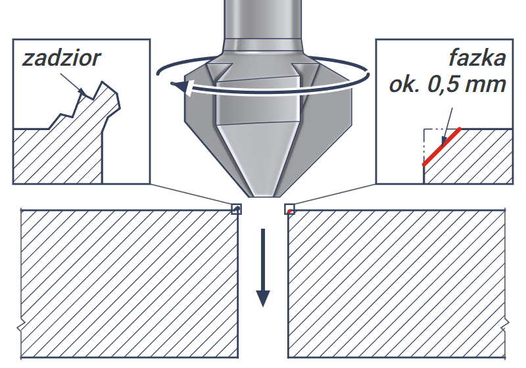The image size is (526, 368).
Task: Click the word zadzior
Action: (61, 58)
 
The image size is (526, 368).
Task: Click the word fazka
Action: (477, 58)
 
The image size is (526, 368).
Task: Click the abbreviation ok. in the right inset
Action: (404, 85)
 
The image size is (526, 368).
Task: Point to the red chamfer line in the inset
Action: (441, 147)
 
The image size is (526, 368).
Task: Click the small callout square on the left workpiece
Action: (237, 209)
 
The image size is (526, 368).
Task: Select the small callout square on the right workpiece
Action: (289, 209)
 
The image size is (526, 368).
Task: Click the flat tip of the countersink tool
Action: (263, 196)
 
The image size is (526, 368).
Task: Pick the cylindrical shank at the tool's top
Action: (262, 20)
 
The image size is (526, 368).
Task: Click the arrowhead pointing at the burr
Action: (82, 91)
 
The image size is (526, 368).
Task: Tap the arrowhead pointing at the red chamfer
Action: (444, 141)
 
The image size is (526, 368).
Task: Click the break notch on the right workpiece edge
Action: (506, 324)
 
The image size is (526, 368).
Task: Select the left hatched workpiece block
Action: (130, 284)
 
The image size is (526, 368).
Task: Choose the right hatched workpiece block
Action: (397, 284)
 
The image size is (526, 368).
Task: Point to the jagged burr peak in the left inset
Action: (103, 82)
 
